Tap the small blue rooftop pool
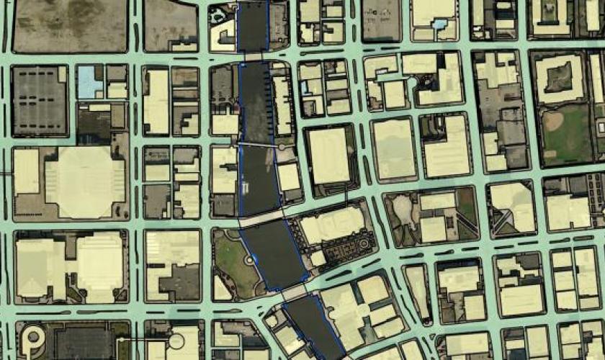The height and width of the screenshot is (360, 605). click(x=439, y=24)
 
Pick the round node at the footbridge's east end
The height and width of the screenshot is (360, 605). click(x=281, y=147)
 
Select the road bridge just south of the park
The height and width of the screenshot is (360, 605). click(x=292, y=292)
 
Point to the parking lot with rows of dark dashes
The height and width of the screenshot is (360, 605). click(x=39, y=101)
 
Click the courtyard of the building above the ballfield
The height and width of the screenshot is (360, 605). click(x=559, y=76)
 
